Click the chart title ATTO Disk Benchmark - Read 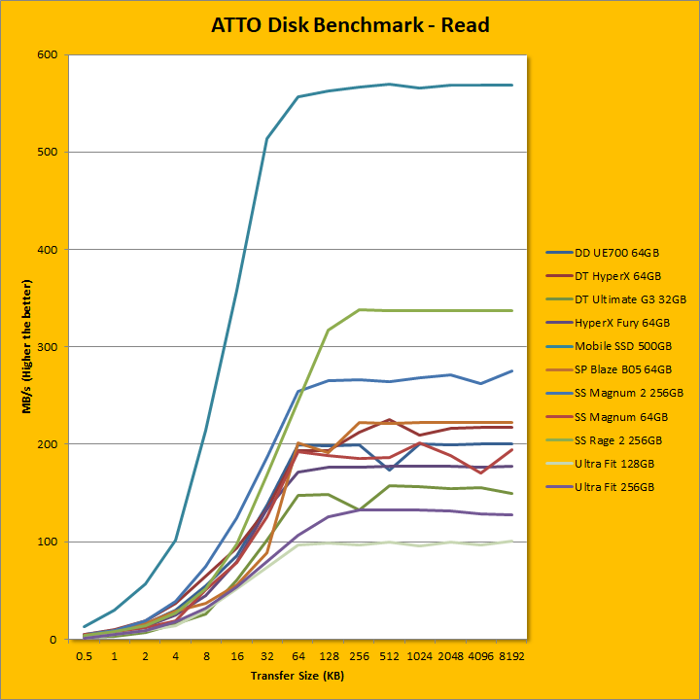click(350, 25)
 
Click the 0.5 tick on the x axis click(85, 657)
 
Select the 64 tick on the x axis click(298, 657)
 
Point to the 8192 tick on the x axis click(511, 657)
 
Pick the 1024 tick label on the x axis click(420, 657)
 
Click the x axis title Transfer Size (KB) click(297, 675)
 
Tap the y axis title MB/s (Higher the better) click(30, 346)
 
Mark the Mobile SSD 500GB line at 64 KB click(298, 96)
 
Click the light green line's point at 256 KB click(360, 309)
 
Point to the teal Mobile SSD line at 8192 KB click(511, 85)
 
